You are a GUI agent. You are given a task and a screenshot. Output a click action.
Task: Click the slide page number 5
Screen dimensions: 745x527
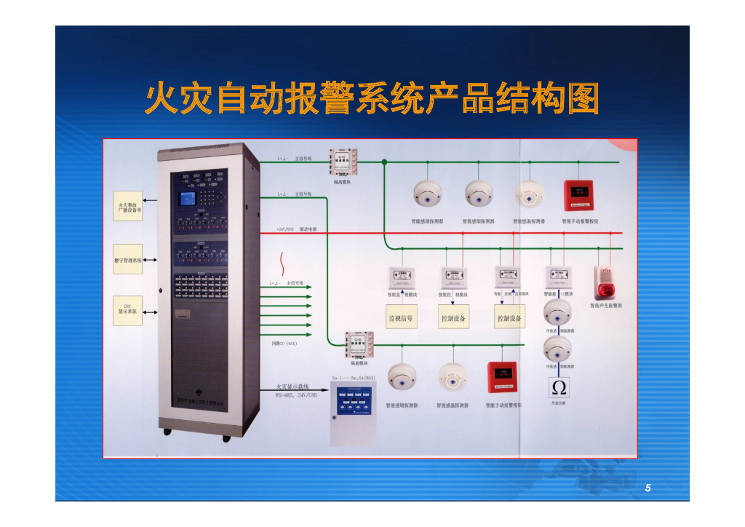point(648,488)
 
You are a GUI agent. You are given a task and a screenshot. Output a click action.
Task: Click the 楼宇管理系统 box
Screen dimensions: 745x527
point(127,260)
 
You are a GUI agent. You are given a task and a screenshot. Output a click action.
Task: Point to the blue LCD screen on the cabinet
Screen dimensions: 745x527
point(188,199)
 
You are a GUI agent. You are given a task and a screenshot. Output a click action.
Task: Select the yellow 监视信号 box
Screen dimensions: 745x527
point(400,317)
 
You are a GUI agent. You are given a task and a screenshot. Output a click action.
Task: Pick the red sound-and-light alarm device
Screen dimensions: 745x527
point(605,283)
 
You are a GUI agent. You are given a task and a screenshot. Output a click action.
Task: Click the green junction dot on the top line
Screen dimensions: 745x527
point(384,162)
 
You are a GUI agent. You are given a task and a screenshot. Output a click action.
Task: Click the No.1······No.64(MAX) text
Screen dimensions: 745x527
point(353,379)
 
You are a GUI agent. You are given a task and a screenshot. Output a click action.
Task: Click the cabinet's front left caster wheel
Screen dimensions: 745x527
point(167,432)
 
